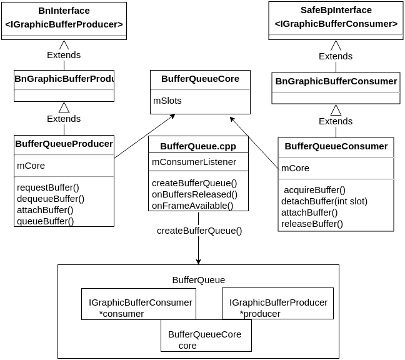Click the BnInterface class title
64,11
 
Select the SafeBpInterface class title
336,10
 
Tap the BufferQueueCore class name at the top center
200,79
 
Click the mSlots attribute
167,100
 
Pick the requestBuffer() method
48,187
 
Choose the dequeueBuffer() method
51,199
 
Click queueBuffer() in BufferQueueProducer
45,221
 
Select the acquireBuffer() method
314,190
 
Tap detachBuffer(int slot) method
324,201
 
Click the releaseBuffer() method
312,224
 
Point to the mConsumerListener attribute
194,162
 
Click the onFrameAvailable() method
192,206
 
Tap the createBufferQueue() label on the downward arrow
199,231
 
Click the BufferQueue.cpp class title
198,146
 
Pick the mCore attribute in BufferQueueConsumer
295,168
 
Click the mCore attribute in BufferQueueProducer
31,166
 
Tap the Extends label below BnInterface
64,55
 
